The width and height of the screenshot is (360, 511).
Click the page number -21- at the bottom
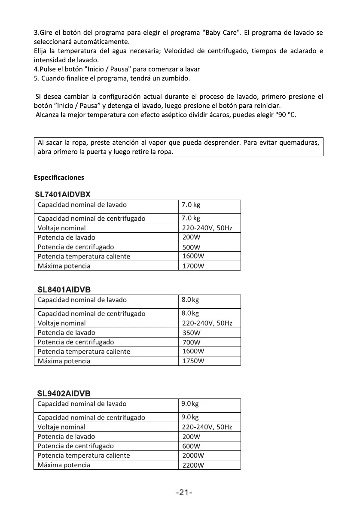(184, 493)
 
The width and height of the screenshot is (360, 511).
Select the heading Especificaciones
(59, 177)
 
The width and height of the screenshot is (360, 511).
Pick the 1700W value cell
(193, 266)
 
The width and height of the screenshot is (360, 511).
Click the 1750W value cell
(193, 361)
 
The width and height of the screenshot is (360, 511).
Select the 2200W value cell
(193, 465)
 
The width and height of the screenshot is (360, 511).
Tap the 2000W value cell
(193, 456)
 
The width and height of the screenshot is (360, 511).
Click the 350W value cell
(191, 333)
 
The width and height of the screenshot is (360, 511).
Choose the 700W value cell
(191, 342)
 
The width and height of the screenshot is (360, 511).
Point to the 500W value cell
(191, 247)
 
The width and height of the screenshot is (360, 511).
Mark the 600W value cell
(191, 446)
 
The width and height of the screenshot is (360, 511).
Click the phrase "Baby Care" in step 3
(219, 33)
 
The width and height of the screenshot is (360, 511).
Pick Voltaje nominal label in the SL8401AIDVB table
(61, 323)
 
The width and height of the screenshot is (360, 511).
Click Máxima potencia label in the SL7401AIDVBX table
(64, 266)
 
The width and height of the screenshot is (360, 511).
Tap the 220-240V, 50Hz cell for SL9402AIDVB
(207, 427)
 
